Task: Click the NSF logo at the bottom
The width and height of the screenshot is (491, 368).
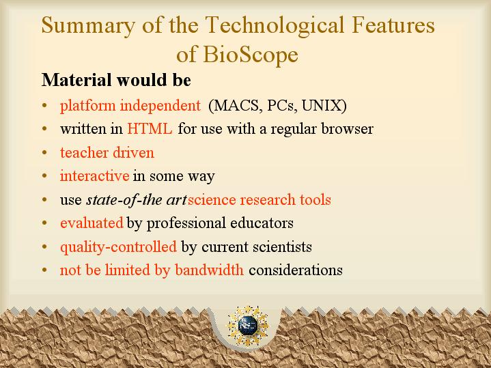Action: pos(248,326)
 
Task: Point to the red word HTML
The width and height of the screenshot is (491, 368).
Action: pos(150,128)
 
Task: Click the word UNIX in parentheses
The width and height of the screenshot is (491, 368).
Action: pos(324,106)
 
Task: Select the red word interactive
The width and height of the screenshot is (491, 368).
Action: pos(94,175)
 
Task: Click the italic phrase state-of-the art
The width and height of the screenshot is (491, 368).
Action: pos(137,199)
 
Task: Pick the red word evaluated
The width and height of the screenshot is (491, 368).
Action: pos(92,223)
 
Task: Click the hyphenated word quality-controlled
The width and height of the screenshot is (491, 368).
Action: pos(118,246)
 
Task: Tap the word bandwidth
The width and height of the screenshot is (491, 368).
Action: pos(209,270)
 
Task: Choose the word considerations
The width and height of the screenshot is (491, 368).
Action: pos(296,270)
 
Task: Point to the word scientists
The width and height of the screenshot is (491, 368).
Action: pos(282,246)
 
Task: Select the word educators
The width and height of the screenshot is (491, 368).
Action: pos(262,223)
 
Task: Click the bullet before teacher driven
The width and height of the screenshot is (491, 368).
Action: pos(44,152)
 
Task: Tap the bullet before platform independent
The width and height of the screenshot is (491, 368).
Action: pos(44,105)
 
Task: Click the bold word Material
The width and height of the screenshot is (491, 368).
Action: pos(76,80)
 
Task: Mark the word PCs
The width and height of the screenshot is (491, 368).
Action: pos(281,106)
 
